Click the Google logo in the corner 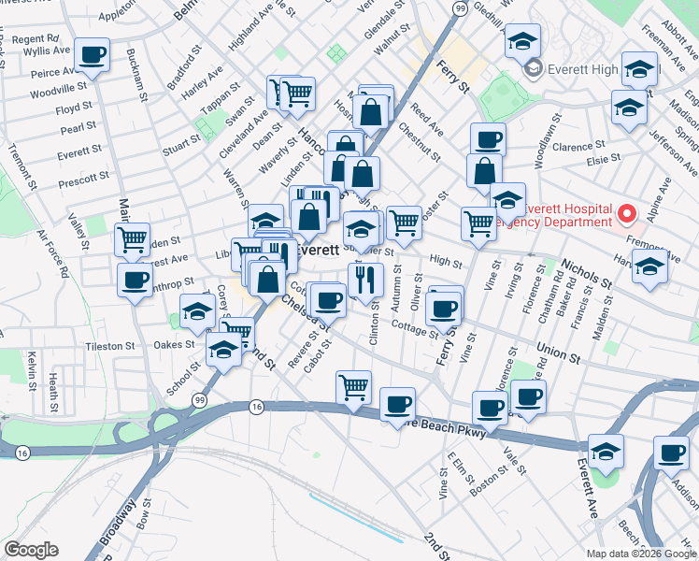click(x=31, y=550)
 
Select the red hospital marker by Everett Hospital click(x=629, y=213)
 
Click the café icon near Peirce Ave click(x=92, y=56)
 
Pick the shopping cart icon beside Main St click(x=133, y=238)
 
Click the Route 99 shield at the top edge click(x=459, y=7)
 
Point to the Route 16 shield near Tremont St click(x=22, y=453)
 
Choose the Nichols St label click(x=588, y=270)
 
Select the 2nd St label click(x=435, y=546)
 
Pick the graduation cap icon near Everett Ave click(x=606, y=452)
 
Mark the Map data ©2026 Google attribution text click(x=641, y=554)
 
